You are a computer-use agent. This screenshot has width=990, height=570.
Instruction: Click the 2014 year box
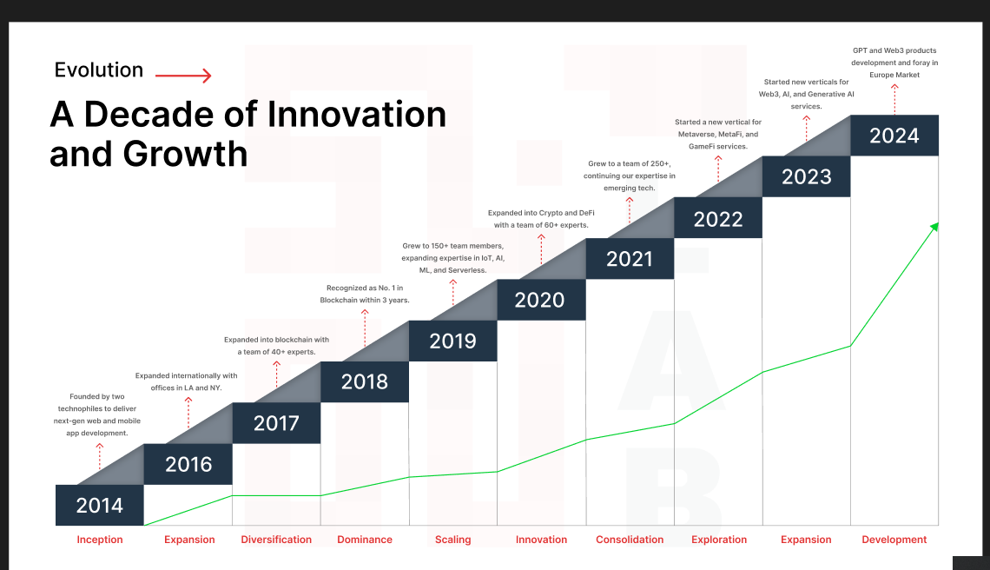(x=100, y=505)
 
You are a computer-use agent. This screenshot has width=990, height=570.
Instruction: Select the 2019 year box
(x=452, y=341)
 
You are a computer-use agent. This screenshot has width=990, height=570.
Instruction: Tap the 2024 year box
(x=894, y=136)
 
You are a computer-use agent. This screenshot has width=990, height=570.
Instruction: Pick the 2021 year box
(x=630, y=258)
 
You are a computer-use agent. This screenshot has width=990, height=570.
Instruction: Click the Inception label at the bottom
(x=100, y=540)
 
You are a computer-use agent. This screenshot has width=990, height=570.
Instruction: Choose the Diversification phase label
(x=276, y=540)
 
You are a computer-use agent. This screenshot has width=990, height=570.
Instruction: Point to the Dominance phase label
(x=365, y=540)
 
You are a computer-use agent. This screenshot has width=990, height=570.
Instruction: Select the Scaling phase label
(x=452, y=540)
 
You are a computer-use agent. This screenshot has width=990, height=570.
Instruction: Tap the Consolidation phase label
(x=630, y=540)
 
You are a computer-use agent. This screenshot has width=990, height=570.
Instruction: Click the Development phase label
(x=894, y=540)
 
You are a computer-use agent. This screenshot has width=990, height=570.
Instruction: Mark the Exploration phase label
(x=719, y=540)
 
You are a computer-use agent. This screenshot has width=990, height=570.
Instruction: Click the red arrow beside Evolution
(x=183, y=76)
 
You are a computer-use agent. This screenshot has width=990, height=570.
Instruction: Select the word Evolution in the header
(x=99, y=70)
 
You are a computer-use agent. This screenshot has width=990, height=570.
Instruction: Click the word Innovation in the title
(x=357, y=115)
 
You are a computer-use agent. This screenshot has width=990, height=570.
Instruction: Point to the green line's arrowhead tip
(x=938, y=223)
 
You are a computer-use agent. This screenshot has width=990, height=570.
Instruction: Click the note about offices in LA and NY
(x=186, y=381)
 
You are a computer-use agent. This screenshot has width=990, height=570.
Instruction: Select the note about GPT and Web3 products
(x=894, y=63)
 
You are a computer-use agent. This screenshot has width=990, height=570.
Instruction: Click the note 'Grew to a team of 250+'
(x=630, y=176)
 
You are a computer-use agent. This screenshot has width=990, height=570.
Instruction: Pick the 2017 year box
(x=276, y=423)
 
